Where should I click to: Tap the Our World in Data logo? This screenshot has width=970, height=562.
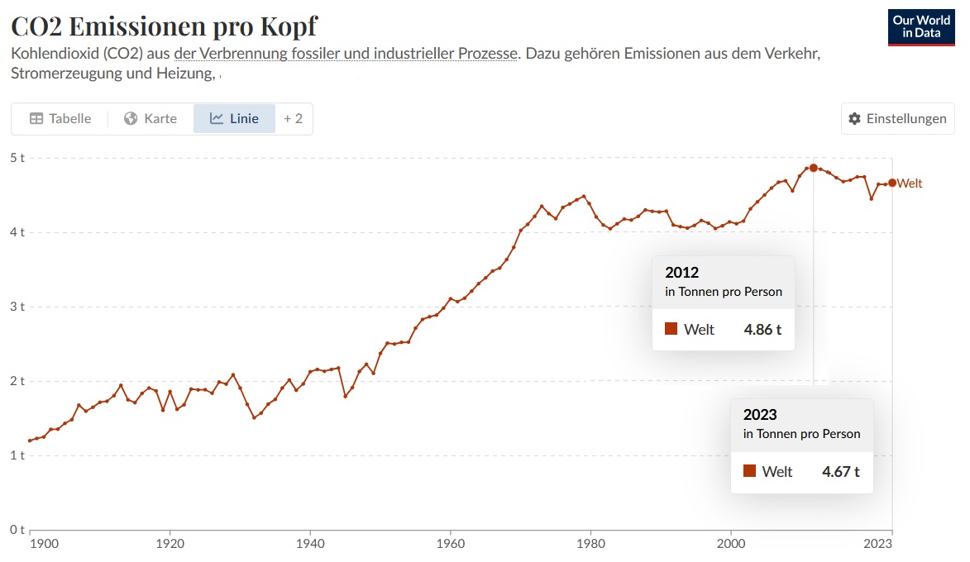(920, 26)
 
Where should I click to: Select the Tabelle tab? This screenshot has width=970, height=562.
(60, 118)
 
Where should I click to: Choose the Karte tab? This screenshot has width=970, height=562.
(151, 118)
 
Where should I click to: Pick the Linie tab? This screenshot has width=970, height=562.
(234, 118)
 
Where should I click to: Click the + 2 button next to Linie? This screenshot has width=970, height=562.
(293, 118)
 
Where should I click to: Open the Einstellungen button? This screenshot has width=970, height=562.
(897, 118)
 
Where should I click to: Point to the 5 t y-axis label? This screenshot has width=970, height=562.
(17, 157)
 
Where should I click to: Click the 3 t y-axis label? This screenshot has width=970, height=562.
(17, 307)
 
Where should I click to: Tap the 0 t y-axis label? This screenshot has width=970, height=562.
(17, 529)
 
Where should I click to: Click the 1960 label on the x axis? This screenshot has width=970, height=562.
(450, 544)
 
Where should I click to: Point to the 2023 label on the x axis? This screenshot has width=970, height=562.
(878, 544)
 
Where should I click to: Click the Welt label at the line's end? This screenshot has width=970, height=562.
(910, 183)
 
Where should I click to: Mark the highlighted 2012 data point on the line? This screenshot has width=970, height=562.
(814, 168)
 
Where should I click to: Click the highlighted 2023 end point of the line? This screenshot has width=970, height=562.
(891, 183)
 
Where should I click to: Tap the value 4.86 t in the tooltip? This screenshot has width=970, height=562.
(762, 329)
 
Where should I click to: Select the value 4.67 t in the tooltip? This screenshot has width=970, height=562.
(840, 471)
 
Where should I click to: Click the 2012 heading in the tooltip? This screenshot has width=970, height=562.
(681, 273)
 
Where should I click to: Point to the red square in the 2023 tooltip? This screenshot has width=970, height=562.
(749, 471)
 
